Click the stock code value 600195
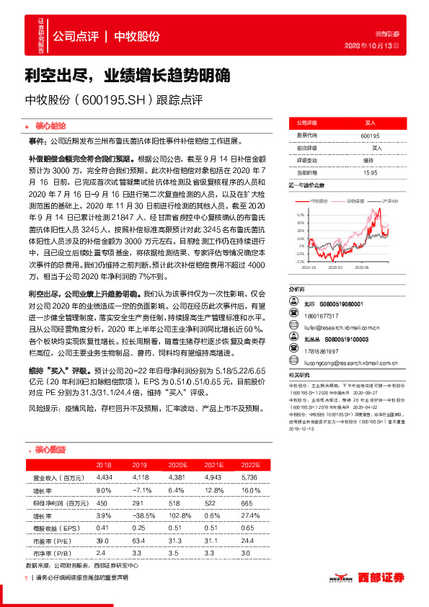pyautogui.click(x=370, y=135)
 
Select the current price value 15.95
pyautogui.click(x=370, y=173)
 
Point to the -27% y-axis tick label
pyautogui.click(x=299, y=262)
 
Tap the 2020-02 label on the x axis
pyautogui.click(x=336, y=267)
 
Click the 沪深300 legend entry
pyautogui.click(x=389, y=200)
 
